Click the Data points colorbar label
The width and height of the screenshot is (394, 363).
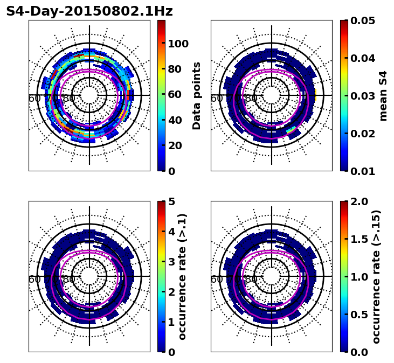tap(197, 95)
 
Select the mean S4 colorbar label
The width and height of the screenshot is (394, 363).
tap(383, 95)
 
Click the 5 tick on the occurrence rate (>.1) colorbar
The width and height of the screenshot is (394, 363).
tap(171, 201)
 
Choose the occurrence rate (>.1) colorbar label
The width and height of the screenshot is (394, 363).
tap(183, 276)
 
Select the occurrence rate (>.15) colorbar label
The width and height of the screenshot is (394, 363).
tap(376, 276)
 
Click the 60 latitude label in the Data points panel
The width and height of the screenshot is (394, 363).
tap(34, 99)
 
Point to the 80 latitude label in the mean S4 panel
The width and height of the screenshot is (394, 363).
tap(251, 99)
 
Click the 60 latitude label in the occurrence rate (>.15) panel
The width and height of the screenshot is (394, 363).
tap(217, 280)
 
